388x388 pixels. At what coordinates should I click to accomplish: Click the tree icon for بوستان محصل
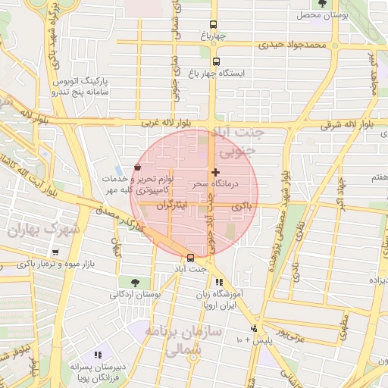click(x=323, y=4)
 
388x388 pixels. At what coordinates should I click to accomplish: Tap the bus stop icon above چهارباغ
click(x=214, y=24)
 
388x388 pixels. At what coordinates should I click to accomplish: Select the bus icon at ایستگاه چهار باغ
click(x=217, y=62)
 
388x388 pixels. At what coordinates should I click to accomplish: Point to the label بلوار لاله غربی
click(x=168, y=122)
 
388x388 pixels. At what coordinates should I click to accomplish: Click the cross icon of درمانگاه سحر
click(x=216, y=172)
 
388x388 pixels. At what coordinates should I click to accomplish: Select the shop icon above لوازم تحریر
click(x=137, y=167)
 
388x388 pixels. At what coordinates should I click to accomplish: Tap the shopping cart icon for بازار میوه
click(x=56, y=252)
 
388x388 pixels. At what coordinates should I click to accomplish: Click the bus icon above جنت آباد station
click(x=189, y=258)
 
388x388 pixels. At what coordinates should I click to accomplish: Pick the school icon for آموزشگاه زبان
click(x=220, y=282)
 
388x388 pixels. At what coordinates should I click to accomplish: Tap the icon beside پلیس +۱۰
click(x=254, y=328)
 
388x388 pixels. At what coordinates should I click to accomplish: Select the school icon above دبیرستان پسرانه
click(x=97, y=355)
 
